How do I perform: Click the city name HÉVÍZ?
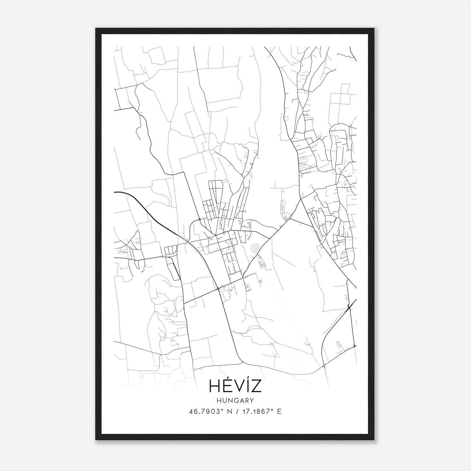(235, 386)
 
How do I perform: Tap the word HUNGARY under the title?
(235, 400)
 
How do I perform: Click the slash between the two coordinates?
(237, 412)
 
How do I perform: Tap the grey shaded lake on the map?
(255, 248)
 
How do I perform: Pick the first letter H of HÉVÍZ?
(214, 386)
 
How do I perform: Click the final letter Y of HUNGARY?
(251, 400)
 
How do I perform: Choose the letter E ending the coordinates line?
(279, 412)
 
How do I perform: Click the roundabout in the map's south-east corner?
(324, 366)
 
